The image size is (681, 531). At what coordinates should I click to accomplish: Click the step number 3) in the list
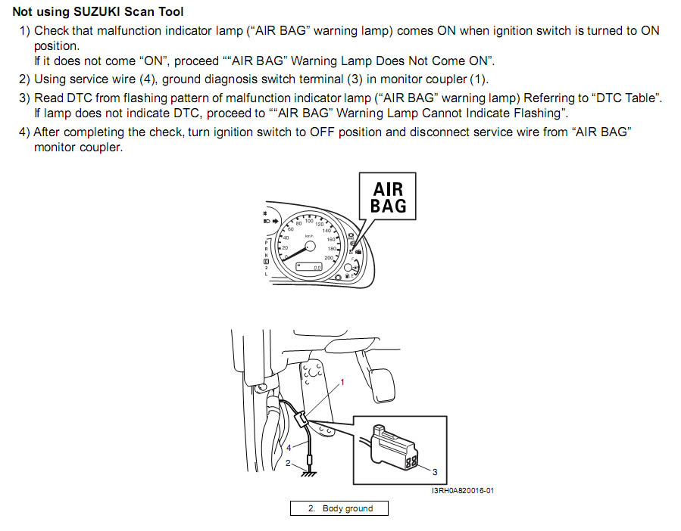point(24,98)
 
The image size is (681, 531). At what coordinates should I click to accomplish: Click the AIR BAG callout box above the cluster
point(387,197)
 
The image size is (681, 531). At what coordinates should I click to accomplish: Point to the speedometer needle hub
point(310,247)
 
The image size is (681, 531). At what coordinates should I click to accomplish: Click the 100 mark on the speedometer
point(309,221)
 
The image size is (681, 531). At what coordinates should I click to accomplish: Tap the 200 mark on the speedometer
point(329,258)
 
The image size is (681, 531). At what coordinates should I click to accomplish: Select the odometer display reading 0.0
point(309,267)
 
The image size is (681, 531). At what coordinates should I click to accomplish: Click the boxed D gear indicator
point(266,262)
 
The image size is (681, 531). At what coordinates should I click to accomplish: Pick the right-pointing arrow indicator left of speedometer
point(275,221)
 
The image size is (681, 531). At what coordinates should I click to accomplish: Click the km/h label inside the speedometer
point(309,236)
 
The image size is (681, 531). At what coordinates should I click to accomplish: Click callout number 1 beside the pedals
point(342,382)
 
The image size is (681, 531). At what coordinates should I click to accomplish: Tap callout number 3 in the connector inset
point(435,472)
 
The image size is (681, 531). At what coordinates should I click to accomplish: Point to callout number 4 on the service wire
point(289,448)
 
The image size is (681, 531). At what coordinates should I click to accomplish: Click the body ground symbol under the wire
point(309,474)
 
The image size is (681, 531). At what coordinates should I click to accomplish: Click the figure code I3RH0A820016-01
point(463,491)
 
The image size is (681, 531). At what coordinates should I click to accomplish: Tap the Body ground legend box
point(339,508)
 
